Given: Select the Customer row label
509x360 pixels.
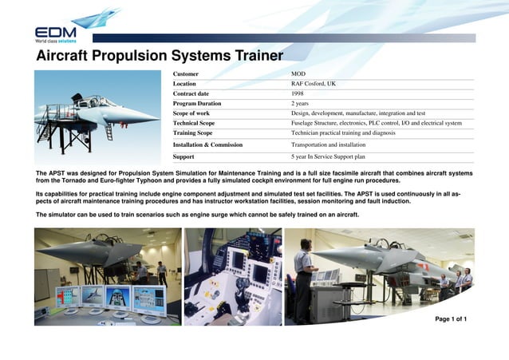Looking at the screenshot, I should (x=187, y=73).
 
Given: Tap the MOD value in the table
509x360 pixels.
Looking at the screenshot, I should (x=298, y=73).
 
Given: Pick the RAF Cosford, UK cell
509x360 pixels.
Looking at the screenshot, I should (x=314, y=84).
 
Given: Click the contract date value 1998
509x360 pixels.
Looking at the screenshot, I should (x=298, y=93).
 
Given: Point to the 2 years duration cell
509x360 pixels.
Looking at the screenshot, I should (x=300, y=104).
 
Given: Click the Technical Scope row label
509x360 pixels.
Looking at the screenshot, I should (x=194, y=124).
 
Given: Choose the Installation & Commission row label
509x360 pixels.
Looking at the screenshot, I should (x=207, y=145).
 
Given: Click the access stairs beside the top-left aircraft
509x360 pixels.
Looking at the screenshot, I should (x=56, y=136).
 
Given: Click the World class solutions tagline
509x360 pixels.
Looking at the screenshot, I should (x=55, y=40).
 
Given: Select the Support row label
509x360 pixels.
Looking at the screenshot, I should (x=184, y=157).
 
